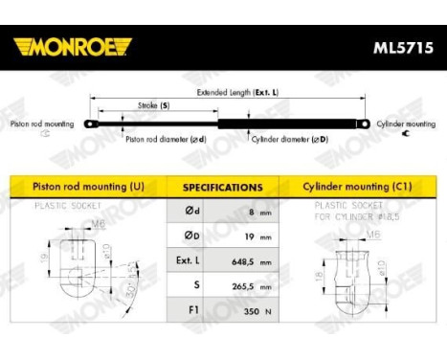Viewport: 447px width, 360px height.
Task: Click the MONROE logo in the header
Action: (72, 47)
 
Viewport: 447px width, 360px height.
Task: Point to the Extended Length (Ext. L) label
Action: (237, 94)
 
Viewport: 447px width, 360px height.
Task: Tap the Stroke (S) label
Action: (153, 104)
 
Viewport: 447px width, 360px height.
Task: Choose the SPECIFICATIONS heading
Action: (222, 188)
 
